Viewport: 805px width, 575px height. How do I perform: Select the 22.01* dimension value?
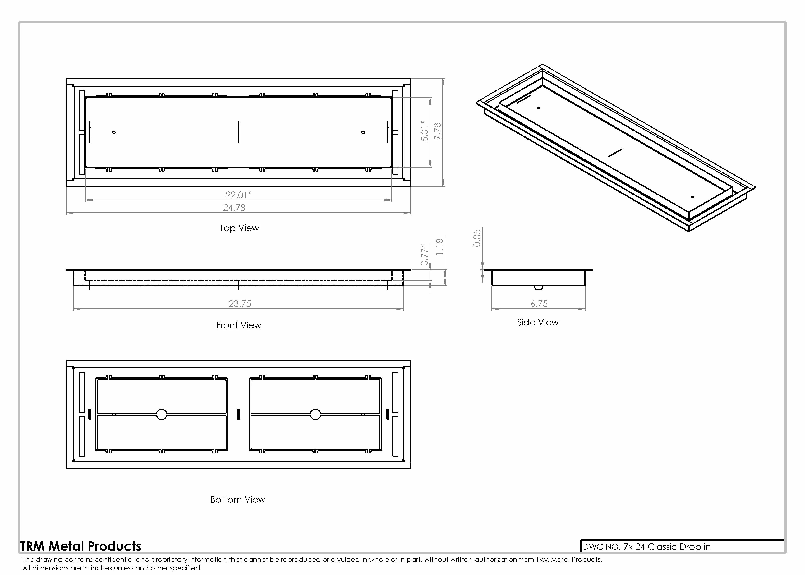point(239,195)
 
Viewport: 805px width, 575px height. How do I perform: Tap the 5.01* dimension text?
point(425,131)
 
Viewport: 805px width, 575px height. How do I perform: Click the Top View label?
point(239,228)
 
